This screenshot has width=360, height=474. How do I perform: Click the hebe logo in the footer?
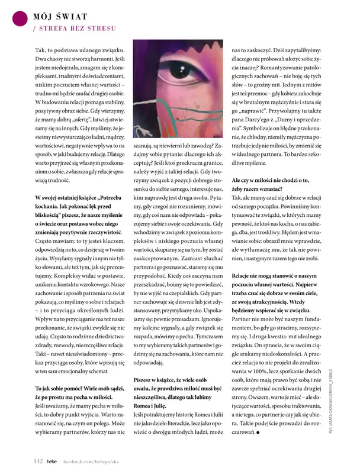pos(52,460)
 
